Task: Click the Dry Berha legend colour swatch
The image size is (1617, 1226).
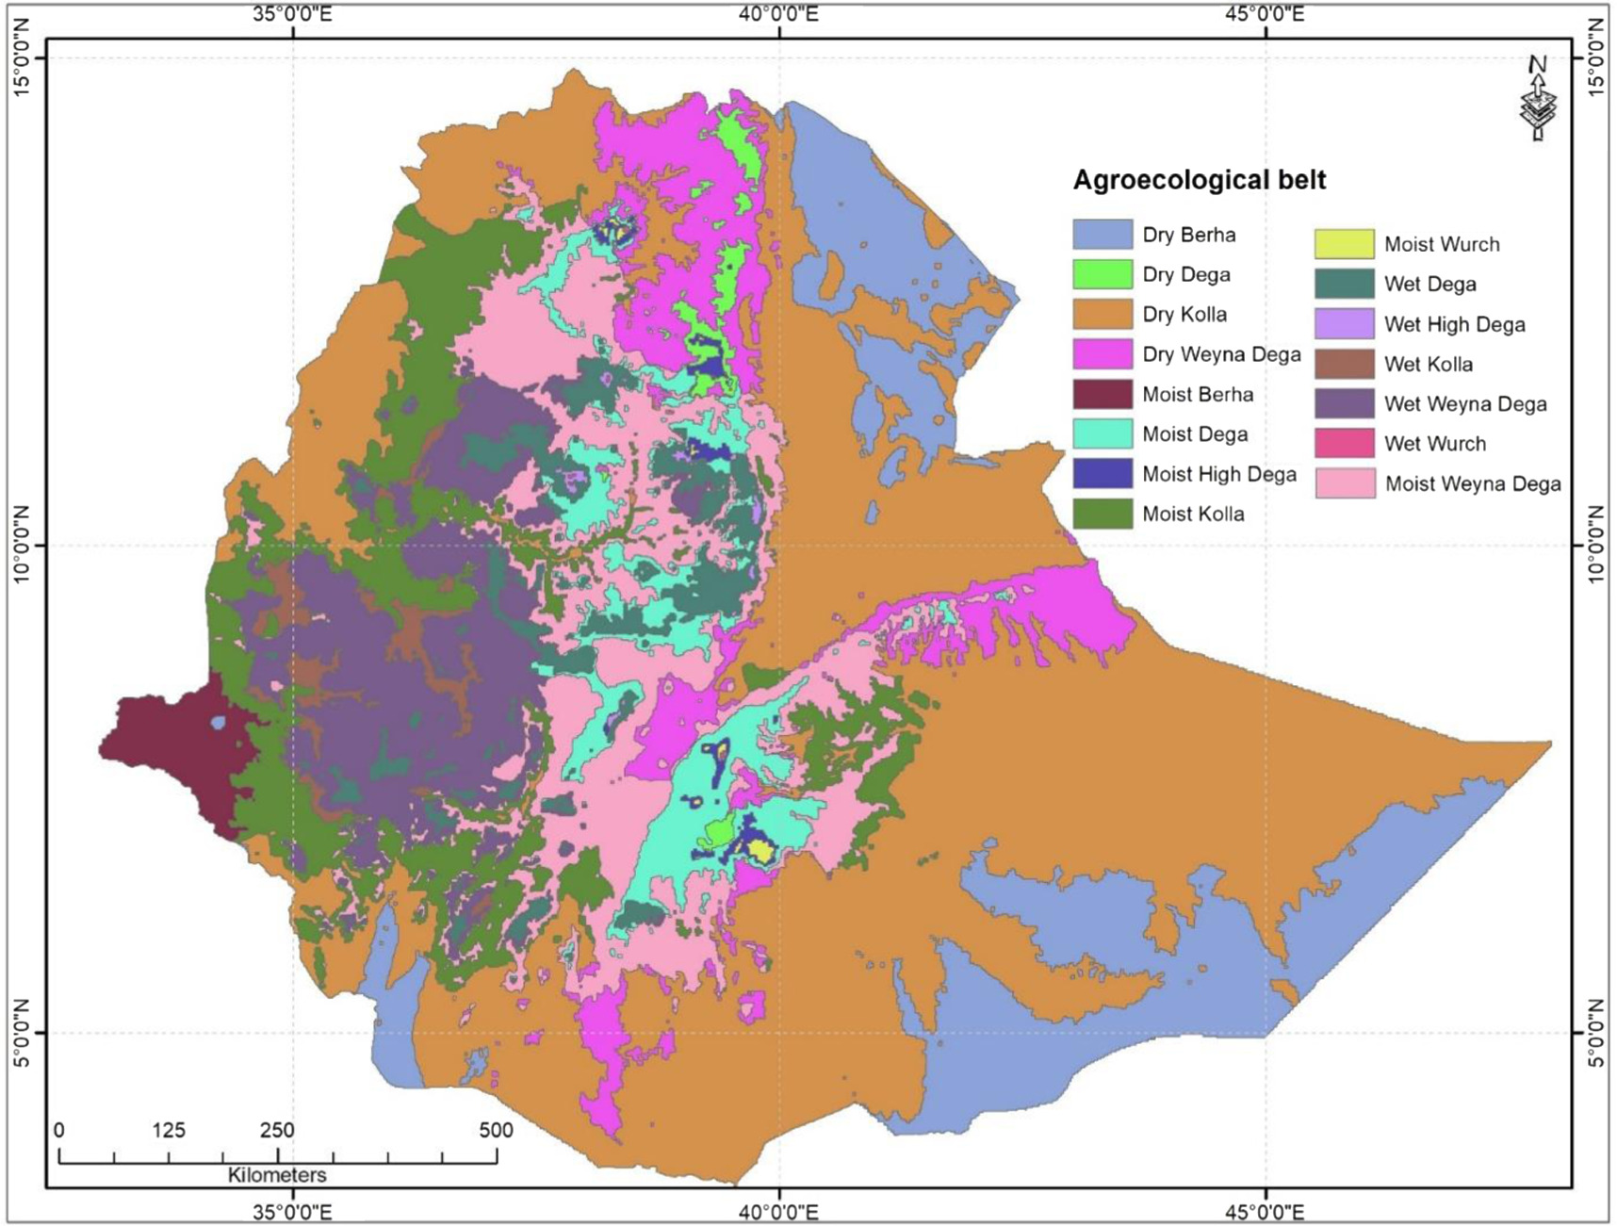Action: click(x=1102, y=235)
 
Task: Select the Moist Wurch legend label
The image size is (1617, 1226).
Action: click(x=1441, y=245)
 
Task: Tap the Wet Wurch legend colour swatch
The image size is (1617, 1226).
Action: click(x=1345, y=444)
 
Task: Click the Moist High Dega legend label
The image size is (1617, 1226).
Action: click(x=1218, y=475)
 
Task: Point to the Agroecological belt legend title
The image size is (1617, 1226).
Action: click(x=1199, y=180)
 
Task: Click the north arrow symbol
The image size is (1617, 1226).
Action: click(x=1537, y=99)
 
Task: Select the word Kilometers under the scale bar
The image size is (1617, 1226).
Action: click(x=277, y=1175)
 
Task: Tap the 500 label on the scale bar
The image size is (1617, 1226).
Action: click(x=496, y=1130)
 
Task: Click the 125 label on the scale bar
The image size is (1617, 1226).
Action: click(x=168, y=1130)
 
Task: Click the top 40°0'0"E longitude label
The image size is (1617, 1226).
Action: click(x=779, y=14)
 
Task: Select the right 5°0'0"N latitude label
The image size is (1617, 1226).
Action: click(x=1595, y=1033)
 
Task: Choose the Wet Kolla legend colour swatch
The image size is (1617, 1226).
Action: click(x=1345, y=364)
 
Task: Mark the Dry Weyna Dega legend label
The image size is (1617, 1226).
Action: click(x=1220, y=354)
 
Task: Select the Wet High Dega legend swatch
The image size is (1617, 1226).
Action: click(x=1345, y=324)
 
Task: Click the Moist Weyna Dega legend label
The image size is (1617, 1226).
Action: click(x=1472, y=484)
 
